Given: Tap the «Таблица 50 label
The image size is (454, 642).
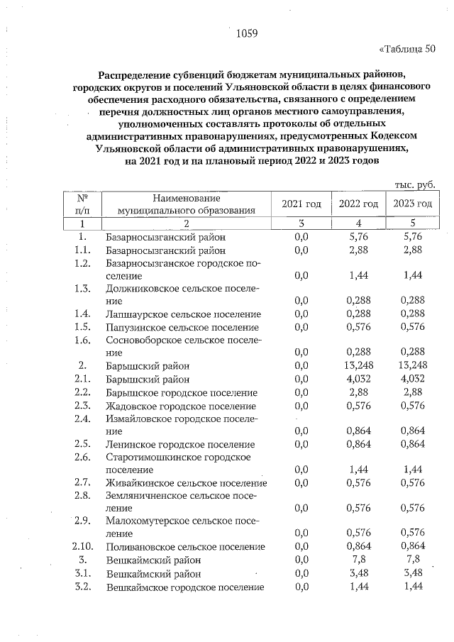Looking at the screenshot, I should [x=407, y=49].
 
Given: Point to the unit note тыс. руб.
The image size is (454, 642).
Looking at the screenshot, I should [x=414, y=184].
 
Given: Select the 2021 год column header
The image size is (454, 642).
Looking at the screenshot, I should [x=301, y=204].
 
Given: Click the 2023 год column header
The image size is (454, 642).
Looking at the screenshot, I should [x=413, y=204].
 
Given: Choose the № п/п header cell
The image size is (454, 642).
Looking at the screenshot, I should [x=84, y=204].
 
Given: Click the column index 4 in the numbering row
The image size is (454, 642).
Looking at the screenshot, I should [x=358, y=223].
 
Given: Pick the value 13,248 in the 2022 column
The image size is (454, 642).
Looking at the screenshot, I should [x=358, y=366].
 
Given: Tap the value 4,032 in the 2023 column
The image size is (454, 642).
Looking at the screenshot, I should [x=413, y=380].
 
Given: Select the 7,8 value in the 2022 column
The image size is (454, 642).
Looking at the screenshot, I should [x=358, y=560].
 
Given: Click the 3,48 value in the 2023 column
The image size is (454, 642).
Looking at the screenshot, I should [x=413, y=573].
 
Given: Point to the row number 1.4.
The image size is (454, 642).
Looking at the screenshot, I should [x=84, y=314].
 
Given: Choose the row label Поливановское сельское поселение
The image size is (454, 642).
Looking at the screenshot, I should [x=184, y=547].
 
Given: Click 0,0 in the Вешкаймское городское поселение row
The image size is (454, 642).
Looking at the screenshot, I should [x=301, y=587].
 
